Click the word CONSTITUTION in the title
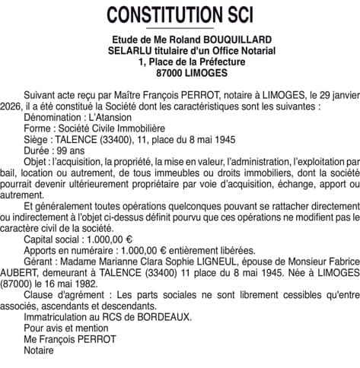[x=161, y=14]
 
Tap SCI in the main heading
[x=236, y=14]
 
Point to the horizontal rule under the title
[x=180, y=28]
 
